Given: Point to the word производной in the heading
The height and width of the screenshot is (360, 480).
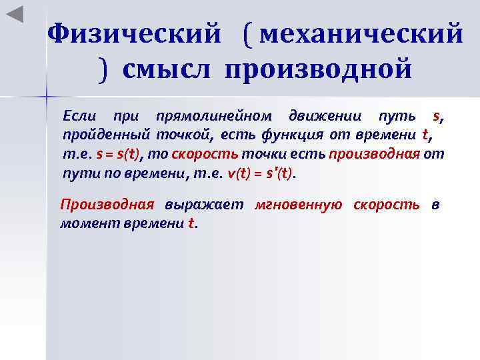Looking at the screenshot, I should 318,68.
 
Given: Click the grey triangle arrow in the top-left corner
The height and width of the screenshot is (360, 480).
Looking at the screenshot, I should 15,14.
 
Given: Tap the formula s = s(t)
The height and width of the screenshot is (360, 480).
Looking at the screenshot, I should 119,154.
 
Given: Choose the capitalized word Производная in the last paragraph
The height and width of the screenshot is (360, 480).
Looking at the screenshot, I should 107,205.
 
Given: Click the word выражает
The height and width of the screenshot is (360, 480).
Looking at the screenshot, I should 204,205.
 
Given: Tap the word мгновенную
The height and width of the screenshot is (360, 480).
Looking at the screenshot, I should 298,205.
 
